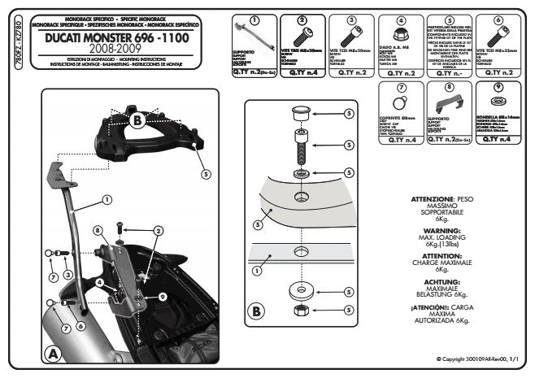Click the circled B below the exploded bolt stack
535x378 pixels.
tap(257, 311)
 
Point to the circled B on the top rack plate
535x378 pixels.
tap(138, 120)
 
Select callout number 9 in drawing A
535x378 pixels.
tap(162, 297)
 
